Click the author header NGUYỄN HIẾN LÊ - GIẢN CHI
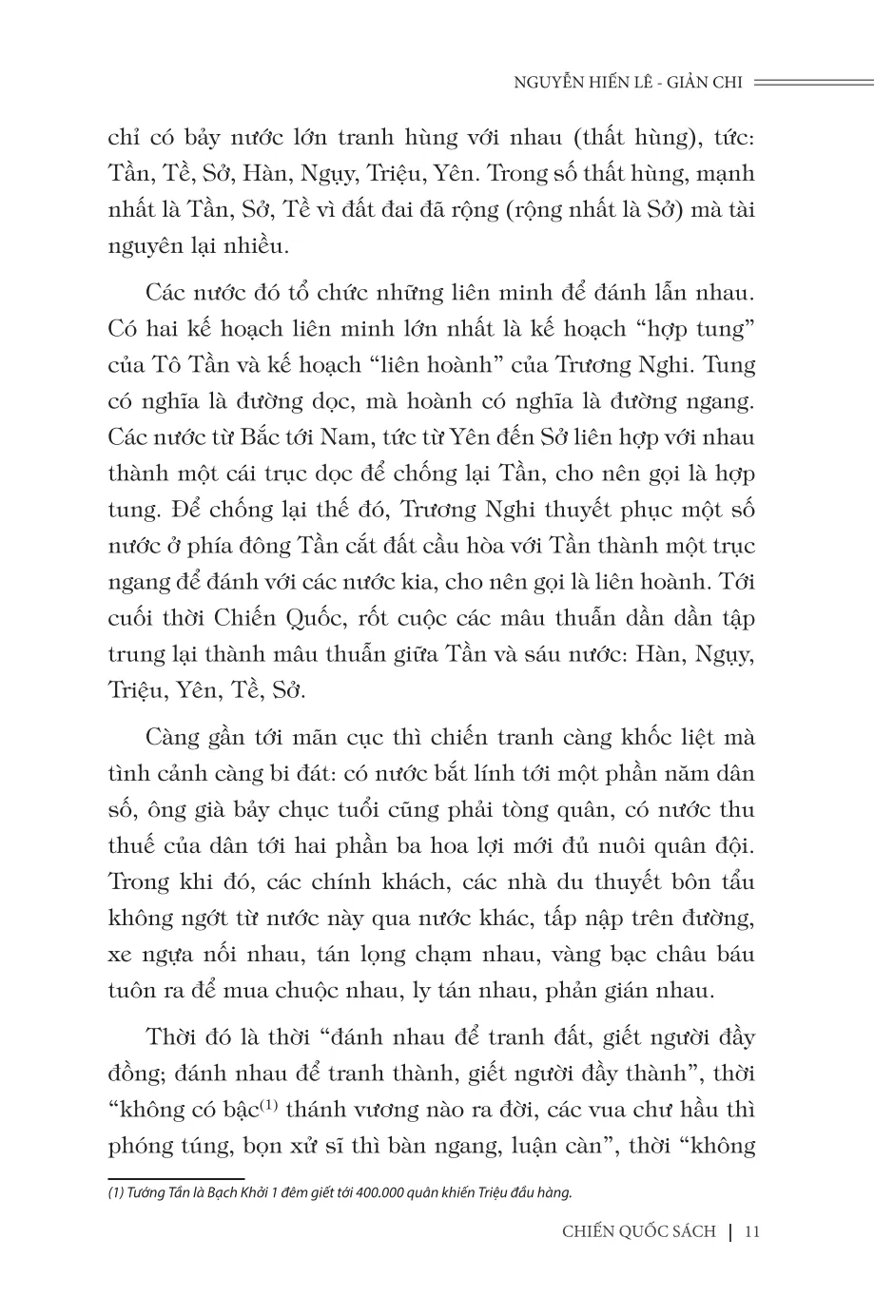click(627, 82)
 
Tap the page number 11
click(754, 1232)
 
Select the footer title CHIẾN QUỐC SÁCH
click(638, 1232)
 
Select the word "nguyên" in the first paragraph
click(144, 246)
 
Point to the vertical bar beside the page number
click(729, 1232)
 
